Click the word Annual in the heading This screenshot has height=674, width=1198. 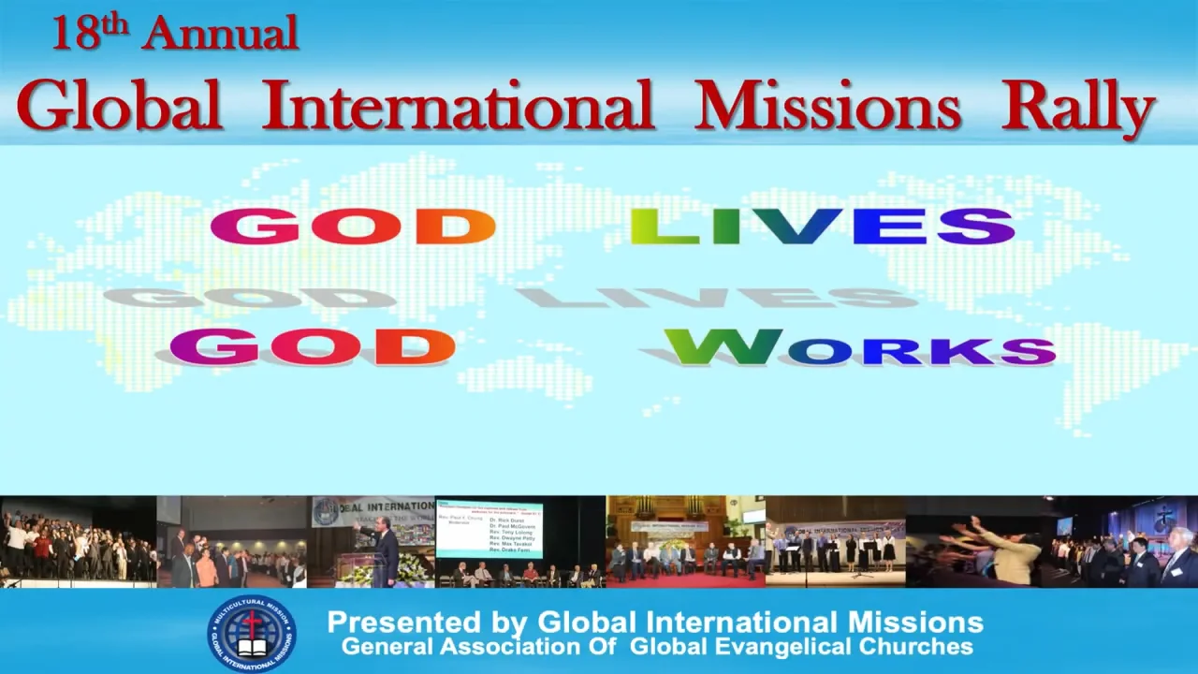[x=221, y=35]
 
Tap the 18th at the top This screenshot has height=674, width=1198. [x=89, y=33]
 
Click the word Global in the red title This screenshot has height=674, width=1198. [x=119, y=105]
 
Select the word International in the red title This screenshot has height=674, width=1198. [x=458, y=105]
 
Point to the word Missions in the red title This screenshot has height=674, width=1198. [x=827, y=105]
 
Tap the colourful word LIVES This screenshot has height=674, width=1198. [x=822, y=227]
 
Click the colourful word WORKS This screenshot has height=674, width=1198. [x=860, y=347]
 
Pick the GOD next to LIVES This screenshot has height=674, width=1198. [x=352, y=227]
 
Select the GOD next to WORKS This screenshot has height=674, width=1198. [x=312, y=347]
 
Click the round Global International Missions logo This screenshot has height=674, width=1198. [x=251, y=634]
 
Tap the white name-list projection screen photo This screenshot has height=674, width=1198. [x=489, y=530]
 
